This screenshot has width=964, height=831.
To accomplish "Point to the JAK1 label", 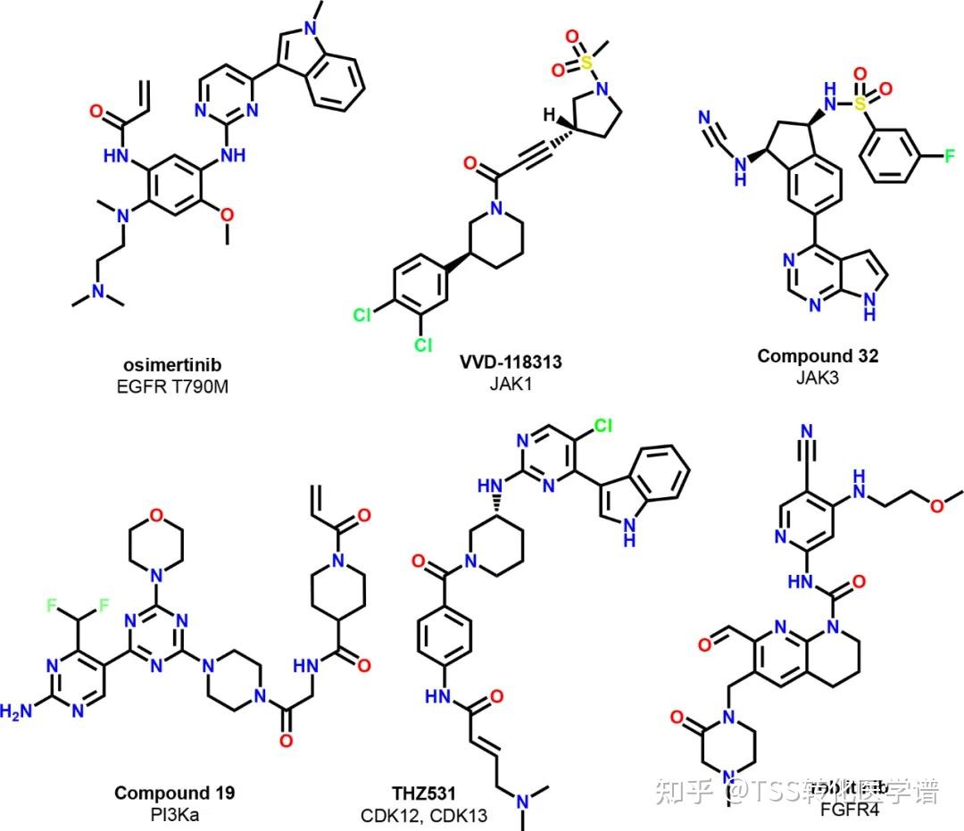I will coord(511,383).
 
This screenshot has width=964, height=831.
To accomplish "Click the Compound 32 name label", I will coord(818,356).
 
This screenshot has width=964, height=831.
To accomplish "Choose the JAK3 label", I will coord(818,376).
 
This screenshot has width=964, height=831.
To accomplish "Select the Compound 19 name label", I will coord(174,792).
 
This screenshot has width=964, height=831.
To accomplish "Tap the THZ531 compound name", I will coord(424,792).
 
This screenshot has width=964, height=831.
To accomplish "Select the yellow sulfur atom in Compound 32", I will coord(860,105).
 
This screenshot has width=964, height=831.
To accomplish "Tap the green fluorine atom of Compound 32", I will coord(950,157).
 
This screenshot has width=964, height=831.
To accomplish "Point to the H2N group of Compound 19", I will coord(19,711).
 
